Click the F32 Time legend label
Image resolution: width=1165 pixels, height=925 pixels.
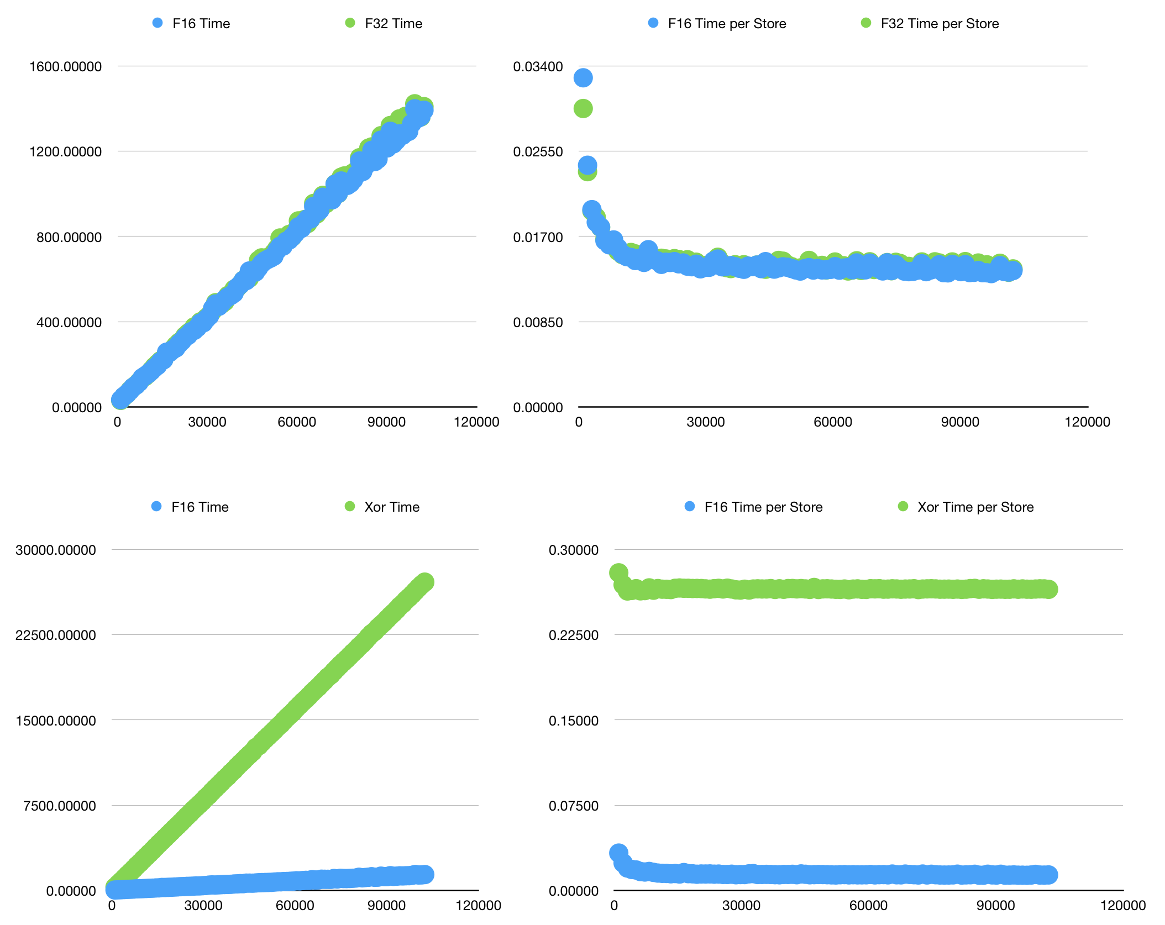[x=393, y=24]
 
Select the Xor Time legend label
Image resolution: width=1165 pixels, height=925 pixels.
[x=391, y=507]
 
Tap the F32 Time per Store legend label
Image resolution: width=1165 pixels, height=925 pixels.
[x=939, y=24]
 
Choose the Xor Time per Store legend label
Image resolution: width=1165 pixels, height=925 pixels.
[x=975, y=507]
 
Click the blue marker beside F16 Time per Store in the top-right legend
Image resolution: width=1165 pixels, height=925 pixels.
[x=653, y=23]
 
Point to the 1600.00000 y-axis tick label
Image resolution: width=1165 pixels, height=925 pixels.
[x=65, y=67]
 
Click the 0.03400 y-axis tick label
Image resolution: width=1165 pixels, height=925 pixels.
[x=538, y=67]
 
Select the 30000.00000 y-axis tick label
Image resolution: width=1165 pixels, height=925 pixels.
[x=56, y=550]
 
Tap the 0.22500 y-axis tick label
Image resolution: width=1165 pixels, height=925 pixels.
[x=573, y=635]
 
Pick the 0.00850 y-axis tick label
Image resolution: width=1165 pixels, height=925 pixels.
[x=538, y=322]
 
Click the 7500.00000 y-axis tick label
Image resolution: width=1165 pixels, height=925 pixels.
[x=60, y=806]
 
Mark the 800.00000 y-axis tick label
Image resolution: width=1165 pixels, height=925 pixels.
[x=69, y=237]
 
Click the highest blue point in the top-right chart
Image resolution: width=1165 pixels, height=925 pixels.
[x=583, y=78]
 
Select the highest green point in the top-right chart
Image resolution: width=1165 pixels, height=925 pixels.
[x=583, y=108]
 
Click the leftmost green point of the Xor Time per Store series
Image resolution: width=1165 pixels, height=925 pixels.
[x=618, y=572]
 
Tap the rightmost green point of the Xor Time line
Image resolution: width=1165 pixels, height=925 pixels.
[x=424, y=582]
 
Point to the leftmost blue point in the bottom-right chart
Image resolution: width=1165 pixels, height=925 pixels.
[x=618, y=853]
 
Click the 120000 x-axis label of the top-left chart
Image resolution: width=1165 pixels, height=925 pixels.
[x=476, y=422]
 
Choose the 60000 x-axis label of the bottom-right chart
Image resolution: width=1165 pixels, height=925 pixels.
[x=868, y=905]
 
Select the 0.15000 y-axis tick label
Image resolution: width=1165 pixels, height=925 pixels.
[x=573, y=721]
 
